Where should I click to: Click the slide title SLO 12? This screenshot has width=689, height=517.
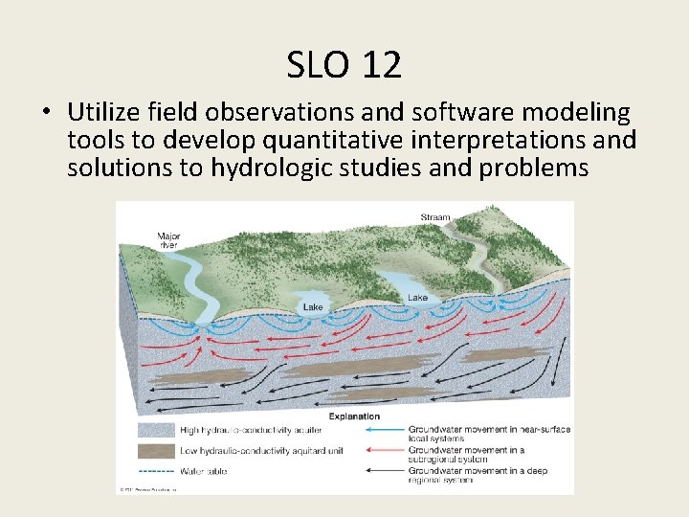click(x=344, y=65)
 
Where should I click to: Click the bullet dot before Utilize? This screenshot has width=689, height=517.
click(x=46, y=114)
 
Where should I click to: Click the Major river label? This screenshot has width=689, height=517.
click(x=167, y=239)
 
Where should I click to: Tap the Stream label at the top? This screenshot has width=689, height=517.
click(x=435, y=217)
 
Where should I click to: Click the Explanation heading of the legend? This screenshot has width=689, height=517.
click(x=353, y=416)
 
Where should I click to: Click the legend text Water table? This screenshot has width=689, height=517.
click(x=204, y=471)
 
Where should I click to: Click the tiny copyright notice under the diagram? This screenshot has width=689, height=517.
click(x=148, y=489)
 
